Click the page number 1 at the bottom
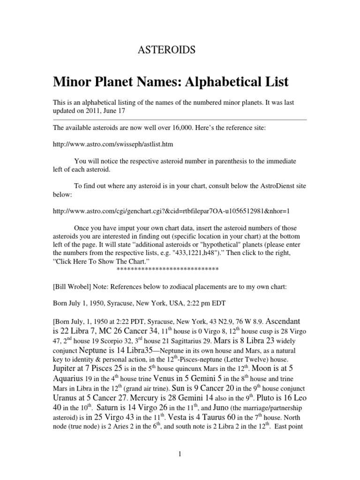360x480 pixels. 180,454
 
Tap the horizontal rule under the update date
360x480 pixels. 180,120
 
